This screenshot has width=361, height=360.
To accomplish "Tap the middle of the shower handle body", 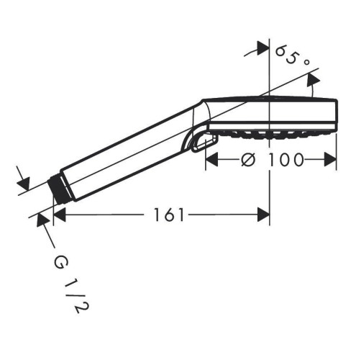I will [x=129, y=149].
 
